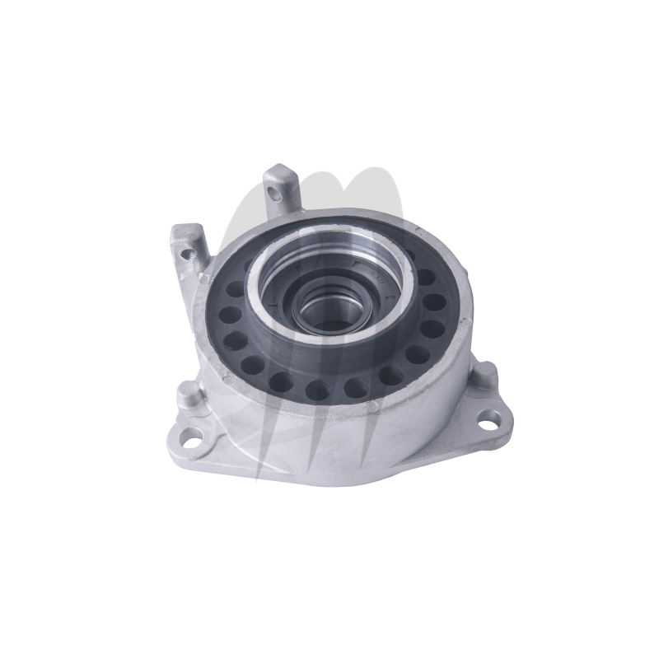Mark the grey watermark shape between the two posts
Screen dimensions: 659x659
(x=239, y=239)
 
